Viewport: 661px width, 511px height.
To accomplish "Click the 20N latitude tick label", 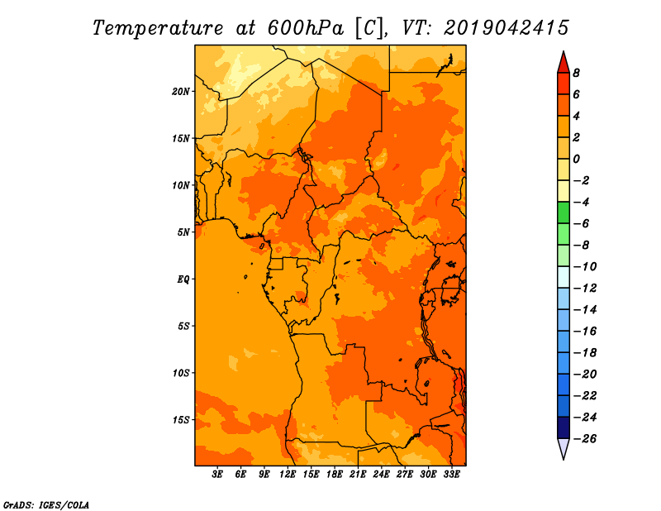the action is (x=181, y=92).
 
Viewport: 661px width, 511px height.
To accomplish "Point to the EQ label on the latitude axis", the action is (x=183, y=279).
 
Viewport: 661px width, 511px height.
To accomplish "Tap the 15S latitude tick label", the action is (x=181, y=420).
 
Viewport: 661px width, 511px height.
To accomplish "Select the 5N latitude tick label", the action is (x=183, y=232).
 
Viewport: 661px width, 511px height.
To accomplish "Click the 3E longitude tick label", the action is (x=217, y=474).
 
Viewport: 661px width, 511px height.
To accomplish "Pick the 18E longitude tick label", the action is (x=335, y=474).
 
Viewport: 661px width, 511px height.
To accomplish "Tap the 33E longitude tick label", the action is (x=451, y=474).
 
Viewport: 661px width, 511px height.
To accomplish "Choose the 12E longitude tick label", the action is (x=288, y=474).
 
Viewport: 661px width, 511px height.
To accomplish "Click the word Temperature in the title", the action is (x=158, y=28).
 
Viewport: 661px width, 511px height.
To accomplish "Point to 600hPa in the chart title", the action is (x=306, y=28).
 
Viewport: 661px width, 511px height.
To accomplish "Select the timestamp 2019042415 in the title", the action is (x=506, y=28).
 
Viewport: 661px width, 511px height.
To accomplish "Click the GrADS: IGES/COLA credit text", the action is (x=46, y=505).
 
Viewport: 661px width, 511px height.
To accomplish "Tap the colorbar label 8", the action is (x=576, y=73).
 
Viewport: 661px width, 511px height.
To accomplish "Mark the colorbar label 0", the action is (x=576, y=159).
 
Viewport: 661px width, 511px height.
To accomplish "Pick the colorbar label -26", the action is (x=584, y=439).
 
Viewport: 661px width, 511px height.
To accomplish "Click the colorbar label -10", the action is (x=584, y=267).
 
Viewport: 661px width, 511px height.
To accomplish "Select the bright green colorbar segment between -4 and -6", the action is (x=564, y=213).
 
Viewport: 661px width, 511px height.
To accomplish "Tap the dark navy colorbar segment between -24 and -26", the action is (x=564, y=427).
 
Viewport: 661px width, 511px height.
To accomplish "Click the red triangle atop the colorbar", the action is (x=564, y=64).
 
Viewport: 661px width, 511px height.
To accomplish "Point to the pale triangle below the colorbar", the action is (x=564, y=447).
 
